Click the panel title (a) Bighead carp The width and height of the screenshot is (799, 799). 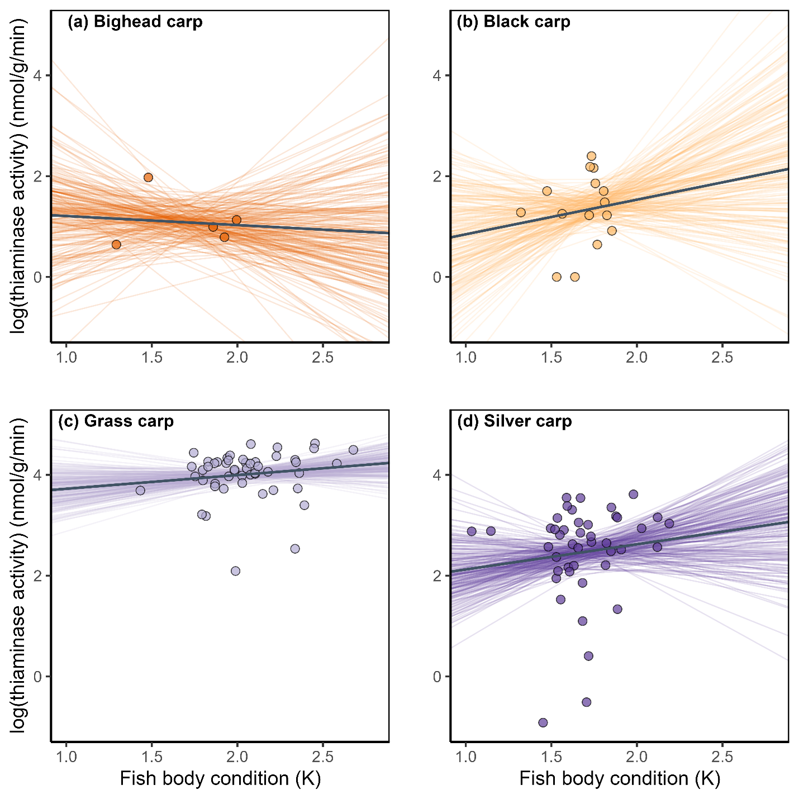pos(135,22)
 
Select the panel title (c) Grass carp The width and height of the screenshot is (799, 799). pos(116,421)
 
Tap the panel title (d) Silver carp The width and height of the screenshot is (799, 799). pos(514,421)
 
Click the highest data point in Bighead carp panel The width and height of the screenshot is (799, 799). pos(148,177)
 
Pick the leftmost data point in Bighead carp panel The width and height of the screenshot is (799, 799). pos(116,244)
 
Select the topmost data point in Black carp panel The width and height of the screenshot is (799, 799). pos(591,156)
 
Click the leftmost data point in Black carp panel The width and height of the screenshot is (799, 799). pos(521,212)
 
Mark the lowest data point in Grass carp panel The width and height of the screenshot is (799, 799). pos(235,570)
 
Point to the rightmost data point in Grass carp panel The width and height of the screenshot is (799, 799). pos(353,450)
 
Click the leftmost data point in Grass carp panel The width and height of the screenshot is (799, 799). pos(140,490)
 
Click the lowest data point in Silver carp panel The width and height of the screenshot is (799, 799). pos(543,722)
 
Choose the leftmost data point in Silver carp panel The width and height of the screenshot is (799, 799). pos(472,531)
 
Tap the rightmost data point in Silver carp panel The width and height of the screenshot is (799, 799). pos(669,523)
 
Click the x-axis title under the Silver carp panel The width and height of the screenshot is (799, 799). pos(620,778)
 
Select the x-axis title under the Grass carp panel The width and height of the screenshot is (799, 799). pos(220,778)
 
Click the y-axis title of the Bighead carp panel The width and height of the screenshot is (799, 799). pos(19,176)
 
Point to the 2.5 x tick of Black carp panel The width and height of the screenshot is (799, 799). pos(722,357)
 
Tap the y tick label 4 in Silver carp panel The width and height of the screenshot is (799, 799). pos(437,475)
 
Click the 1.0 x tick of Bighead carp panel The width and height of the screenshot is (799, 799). pos(66,357)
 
